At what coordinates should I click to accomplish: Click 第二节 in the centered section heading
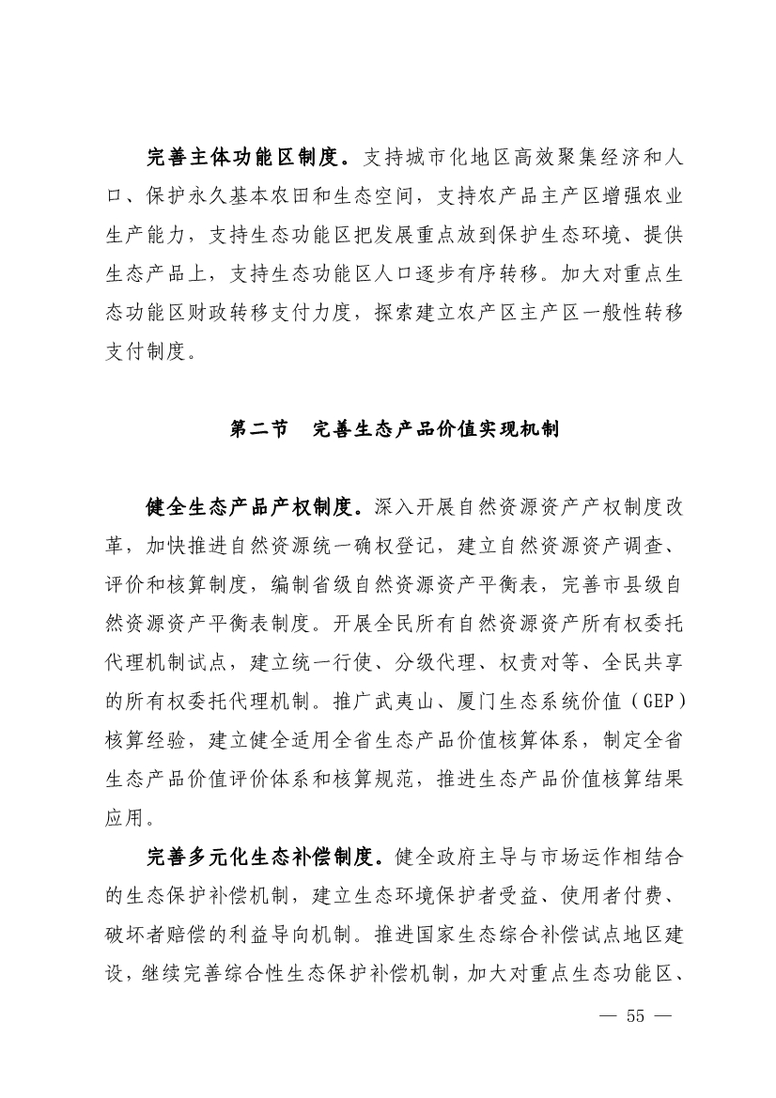259,429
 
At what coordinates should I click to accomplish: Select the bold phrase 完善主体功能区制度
250,156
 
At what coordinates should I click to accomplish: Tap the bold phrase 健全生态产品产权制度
250,507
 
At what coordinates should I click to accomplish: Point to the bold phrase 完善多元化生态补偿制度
261,857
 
